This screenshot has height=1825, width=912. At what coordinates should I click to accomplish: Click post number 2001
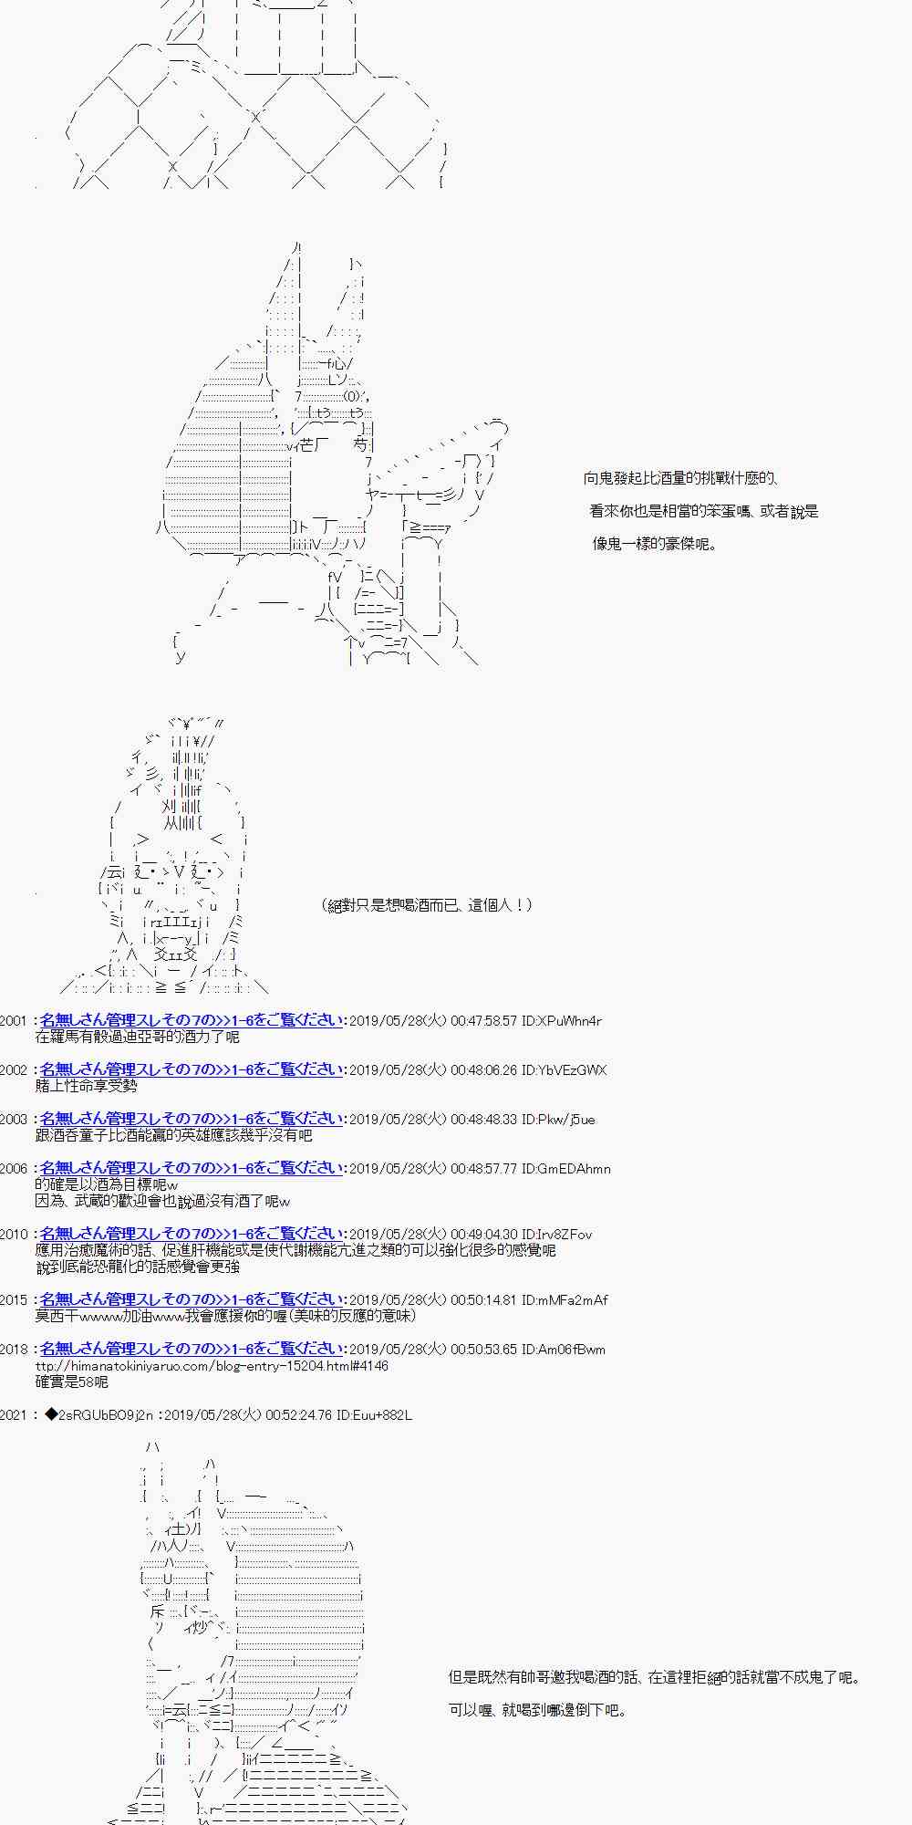click(x=14, y=1021)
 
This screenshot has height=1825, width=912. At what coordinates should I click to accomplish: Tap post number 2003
click(x=14, y=1120)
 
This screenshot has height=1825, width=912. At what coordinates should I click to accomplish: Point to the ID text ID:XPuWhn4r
click(x=561, y=1021)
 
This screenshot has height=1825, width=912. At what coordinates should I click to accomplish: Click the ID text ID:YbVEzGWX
click(x=564, y=1070)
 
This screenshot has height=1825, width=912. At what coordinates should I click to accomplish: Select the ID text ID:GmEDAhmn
click(x=565, y=1169)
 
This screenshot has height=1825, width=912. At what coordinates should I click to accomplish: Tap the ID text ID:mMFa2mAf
click(x=565, y=1300)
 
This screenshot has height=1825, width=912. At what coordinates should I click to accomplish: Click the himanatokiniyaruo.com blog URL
click(x=212, y=1366)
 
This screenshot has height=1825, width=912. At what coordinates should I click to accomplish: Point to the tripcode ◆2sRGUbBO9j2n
click(x=98, y=1415)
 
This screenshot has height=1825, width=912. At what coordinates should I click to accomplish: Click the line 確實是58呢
click(x=72, y=1382)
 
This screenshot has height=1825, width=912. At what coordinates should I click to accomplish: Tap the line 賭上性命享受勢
click(x=86, y=1086)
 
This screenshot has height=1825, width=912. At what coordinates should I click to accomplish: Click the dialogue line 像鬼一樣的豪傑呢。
click(x=656, y=544)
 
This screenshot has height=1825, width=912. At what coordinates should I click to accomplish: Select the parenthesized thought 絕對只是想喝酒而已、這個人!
click(x=427, y=905)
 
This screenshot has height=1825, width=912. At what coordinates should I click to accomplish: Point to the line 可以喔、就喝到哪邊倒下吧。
click(x=538, y=1710)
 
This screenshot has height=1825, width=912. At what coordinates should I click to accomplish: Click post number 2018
click(x=14, y=1350)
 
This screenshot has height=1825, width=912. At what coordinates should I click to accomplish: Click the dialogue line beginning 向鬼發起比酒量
click(x=680, y=478)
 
